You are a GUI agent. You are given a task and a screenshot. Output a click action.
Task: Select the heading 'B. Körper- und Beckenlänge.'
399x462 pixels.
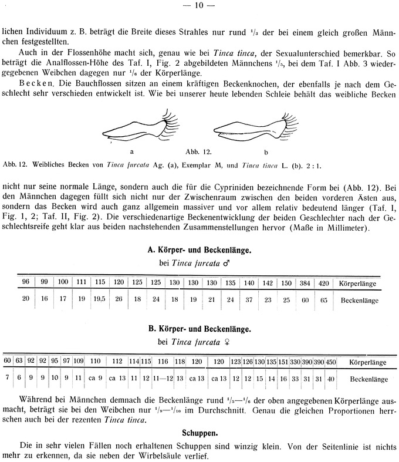[200, 327]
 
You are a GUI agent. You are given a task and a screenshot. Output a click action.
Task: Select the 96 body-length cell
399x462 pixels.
[25, 283]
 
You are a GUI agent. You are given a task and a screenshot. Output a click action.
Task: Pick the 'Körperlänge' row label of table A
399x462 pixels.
[358, 284]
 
